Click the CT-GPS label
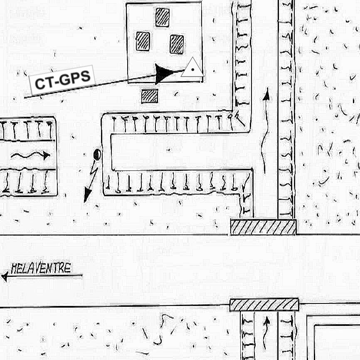point(62,80)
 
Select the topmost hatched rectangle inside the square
point(162,17)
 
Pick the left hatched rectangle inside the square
point(143,41)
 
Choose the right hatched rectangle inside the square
point(177,44)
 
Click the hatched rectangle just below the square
point(150,96)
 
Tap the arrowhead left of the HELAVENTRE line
point(5,276)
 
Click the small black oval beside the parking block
point(97,155)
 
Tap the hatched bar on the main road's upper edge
point(263,227)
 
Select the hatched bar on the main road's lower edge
point(264,305)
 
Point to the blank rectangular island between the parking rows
point(181,152)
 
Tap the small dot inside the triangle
point(193,70)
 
